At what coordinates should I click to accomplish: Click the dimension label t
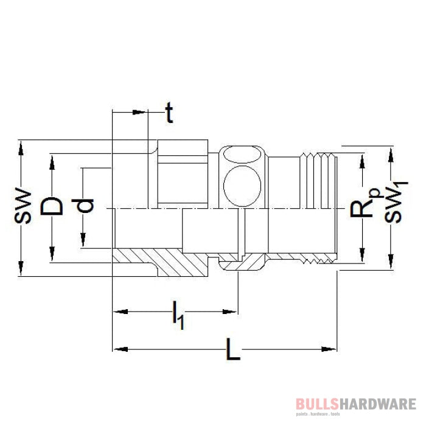pyautogui.click(x=170, y=113)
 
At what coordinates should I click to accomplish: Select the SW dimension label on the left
pyautogui.click(x=23, y=207)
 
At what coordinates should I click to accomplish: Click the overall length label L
pyautogui.click(x=232, y=351)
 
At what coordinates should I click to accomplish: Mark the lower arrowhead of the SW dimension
pyautogui.click(x=22, y=271)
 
